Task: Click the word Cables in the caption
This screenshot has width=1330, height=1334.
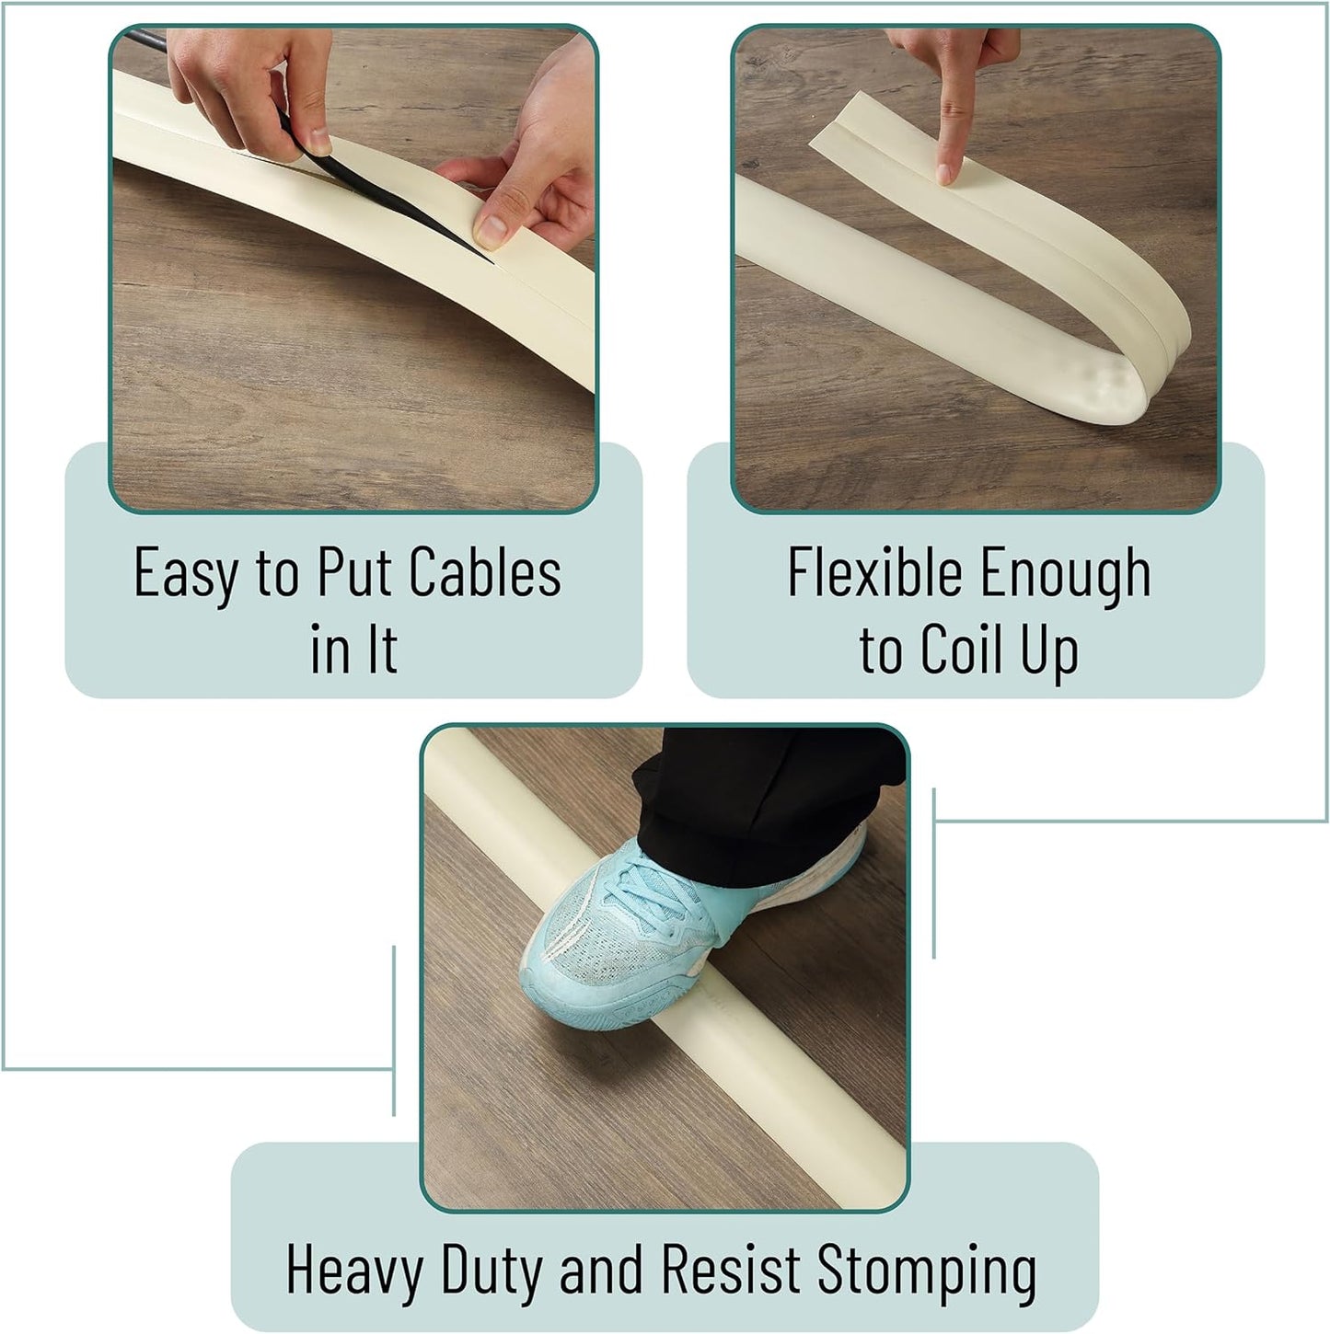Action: point(485,572)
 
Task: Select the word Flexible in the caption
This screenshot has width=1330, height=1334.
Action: point(875,572)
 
